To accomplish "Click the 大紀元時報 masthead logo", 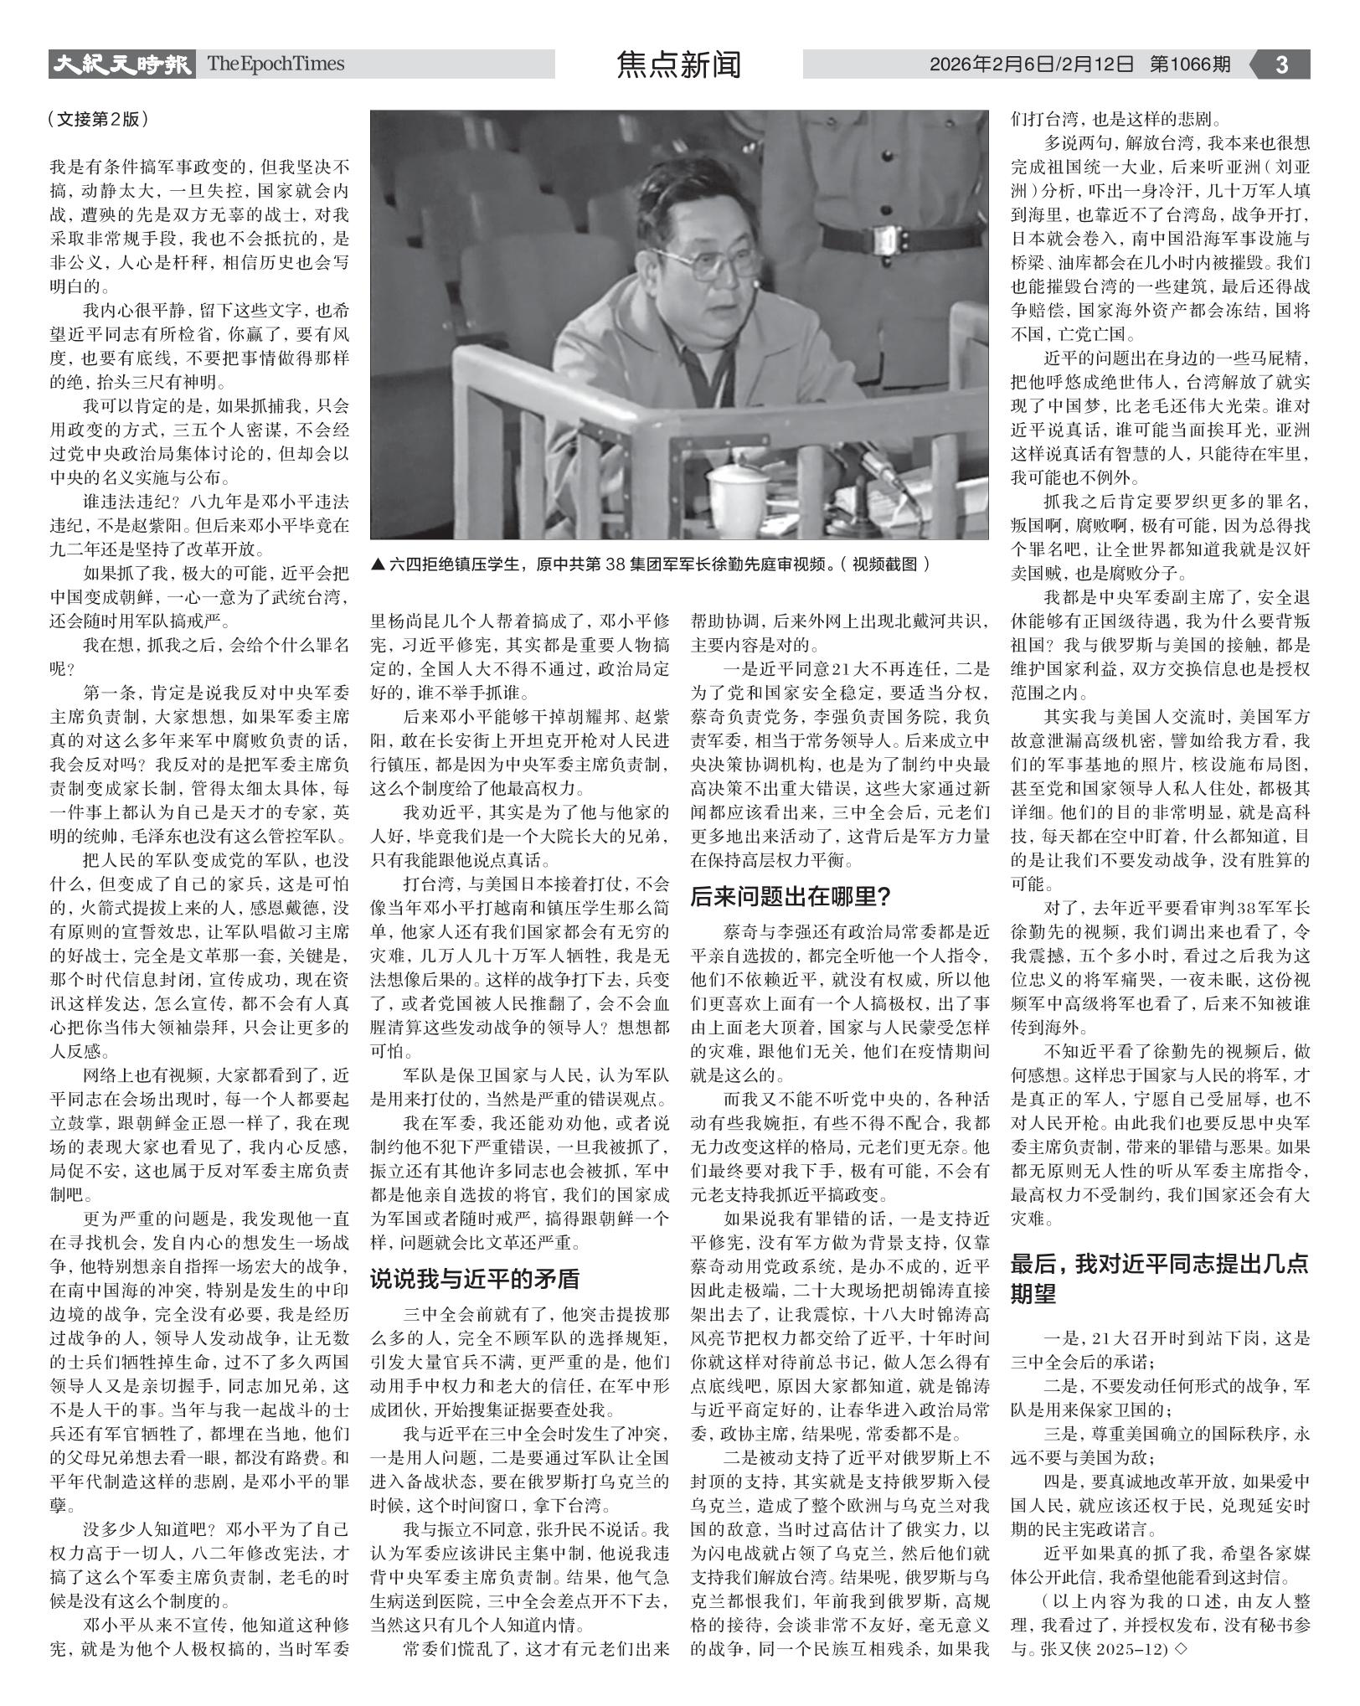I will tap(121, 64).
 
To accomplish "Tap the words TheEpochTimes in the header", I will tap(275, 64).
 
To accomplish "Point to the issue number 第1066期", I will tap(1190, 64).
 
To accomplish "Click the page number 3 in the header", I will tap(1281, 65).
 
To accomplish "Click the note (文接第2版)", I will tap(99, 119).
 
